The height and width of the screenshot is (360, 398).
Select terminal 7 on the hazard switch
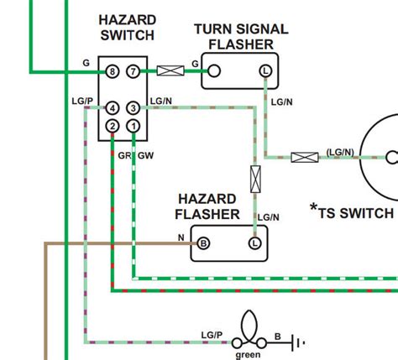coord(134,72)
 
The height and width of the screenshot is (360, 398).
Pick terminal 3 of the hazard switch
coord(134,108)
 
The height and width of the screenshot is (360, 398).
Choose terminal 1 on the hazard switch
coord(134,126)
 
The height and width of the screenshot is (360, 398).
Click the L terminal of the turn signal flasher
coord(265,72)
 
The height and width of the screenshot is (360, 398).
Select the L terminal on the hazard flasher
coord(254,243)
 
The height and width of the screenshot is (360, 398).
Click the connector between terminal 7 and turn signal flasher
coord(170,72)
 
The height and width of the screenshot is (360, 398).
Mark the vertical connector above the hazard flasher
coord(254,179)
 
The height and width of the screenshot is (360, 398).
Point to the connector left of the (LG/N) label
coord(304,156)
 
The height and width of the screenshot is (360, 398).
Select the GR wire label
coord(123,156)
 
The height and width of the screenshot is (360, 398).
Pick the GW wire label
coord(144,156)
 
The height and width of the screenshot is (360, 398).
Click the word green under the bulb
coord(248,354)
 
